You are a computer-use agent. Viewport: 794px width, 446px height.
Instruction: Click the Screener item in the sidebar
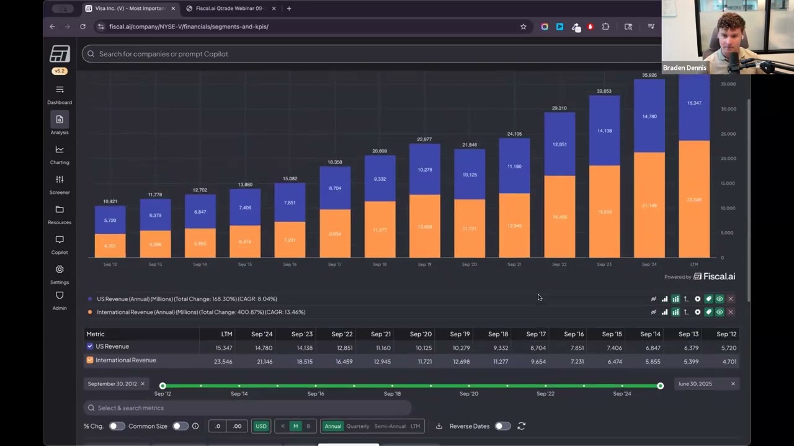pyautogui.click(x=60, y=184)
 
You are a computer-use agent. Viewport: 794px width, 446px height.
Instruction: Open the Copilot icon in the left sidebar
pyautogui.click(x=60, y=244)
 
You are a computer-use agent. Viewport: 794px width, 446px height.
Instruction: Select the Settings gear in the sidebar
pyautogui.click(x=60, y=274)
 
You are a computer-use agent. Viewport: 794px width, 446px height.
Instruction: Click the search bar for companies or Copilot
pyautogui.click(x=372, y=54)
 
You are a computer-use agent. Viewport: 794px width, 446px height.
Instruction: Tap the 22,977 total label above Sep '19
pyautogui.click(x=424, y=139)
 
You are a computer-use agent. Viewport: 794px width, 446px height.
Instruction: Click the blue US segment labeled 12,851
pyautogui.click(x=560, y=144)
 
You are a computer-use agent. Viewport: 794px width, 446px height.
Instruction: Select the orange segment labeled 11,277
pyautogui.click(x=380, y=230)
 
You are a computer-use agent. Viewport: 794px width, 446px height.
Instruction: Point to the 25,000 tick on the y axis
pyautogui.click(x=728, y=134)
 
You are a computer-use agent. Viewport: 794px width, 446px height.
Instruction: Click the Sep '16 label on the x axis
pyautogui.click(x=290, y=265)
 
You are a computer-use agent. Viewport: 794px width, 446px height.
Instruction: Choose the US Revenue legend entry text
pyautogui.click(x=187, y=299)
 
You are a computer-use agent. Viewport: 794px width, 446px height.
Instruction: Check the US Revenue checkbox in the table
pyautogui.click(x=90, y=346)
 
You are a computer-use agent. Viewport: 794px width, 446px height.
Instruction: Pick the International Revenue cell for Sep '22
pyautogui.click(x=343, y=362)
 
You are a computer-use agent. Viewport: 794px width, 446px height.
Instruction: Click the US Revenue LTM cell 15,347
pyautogui.click(x=223, y=348)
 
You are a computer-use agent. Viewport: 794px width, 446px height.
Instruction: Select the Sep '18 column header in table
pyautogui.click(x=497, y=334)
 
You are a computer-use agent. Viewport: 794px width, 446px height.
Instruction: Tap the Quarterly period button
pyautogui.click(x=357, y=426)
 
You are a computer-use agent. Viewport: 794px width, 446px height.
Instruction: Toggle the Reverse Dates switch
pyautogui.click(x=502, y=426)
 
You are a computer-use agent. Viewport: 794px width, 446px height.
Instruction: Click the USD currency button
pyautogui.click(x=261, y=426)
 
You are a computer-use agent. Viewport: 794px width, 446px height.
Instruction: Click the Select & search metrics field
pyautogui.click(x=248, y=408)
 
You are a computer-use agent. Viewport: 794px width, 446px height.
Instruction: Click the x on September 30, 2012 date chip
pyautogui.click(x=142, y=384)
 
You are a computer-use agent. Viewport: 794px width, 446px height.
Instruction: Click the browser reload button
pyautogui.click(x=83, y=27)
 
